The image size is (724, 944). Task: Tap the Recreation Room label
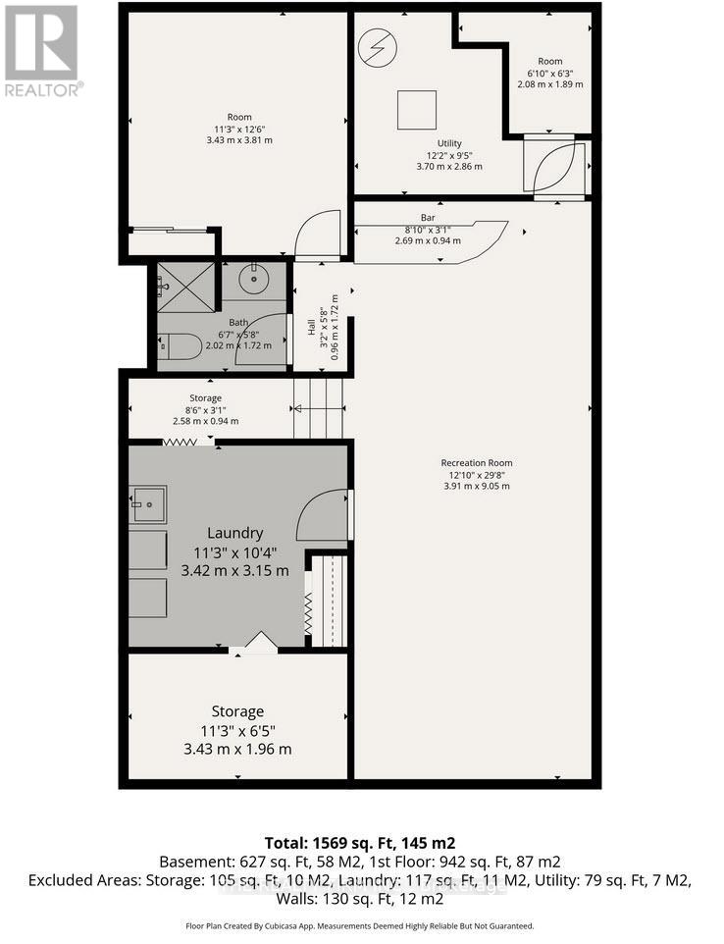[476, 463]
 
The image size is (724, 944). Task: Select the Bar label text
[428, 217]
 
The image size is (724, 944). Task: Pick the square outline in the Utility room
[417, 109]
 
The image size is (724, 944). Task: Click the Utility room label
[449, 143]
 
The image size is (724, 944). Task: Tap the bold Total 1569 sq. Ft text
[360, 842]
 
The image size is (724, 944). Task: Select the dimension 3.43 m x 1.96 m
[238, 749]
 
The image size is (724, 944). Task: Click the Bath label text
[239, 322]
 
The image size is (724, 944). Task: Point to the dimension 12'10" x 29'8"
[476, 475]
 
